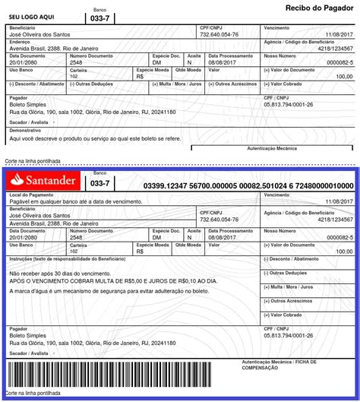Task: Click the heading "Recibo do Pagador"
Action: (319, 8)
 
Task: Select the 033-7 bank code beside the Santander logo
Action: (100, 184)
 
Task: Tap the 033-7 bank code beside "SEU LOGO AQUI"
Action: (99, 17)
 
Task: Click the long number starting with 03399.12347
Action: (248, 185)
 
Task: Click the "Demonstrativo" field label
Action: (25, 131)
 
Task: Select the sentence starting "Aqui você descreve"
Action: (94, 139)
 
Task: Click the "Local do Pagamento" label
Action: (28, 195)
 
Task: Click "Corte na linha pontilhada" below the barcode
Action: (33, 393)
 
